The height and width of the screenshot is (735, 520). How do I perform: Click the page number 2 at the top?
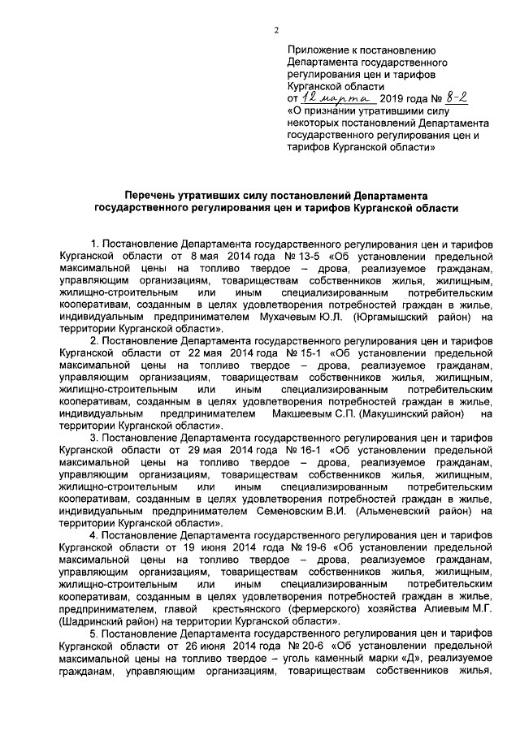[276, 31]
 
